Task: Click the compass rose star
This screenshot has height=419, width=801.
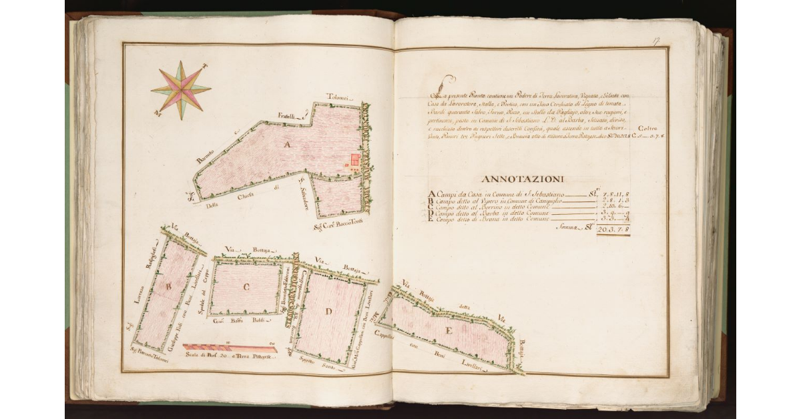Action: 181,90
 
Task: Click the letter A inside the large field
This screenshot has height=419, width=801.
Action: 288,145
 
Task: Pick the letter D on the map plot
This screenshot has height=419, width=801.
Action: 328,312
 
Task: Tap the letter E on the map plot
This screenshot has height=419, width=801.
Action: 449,330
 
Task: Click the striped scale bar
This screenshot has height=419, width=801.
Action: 230,348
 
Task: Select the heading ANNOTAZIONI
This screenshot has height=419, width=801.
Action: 522,179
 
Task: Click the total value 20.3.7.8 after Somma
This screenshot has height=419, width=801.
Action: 613,230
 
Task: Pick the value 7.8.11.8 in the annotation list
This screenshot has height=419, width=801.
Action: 615,195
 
